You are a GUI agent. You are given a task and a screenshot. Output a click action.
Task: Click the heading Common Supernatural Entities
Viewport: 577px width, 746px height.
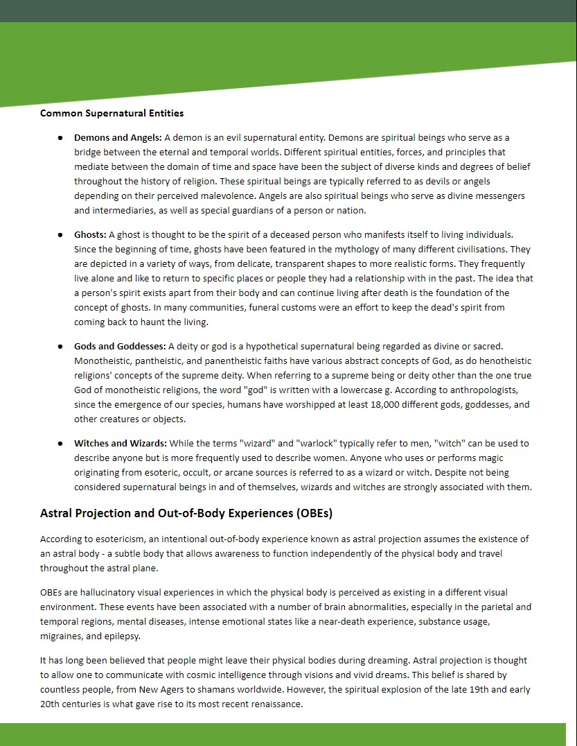[112, 113]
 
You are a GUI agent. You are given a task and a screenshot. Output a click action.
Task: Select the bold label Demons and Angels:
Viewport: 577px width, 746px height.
[118, 137]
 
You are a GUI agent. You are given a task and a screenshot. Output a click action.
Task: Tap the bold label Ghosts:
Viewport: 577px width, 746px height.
[90, 235]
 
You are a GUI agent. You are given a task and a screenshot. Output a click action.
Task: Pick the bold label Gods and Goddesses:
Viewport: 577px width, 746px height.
[120, 346]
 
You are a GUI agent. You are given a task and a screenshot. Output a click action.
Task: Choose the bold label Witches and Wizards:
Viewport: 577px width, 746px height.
[121, 443]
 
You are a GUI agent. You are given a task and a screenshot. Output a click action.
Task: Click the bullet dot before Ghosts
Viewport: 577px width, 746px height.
[61, 235]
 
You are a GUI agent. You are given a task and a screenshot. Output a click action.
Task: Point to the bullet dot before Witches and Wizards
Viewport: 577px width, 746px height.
[61, 443]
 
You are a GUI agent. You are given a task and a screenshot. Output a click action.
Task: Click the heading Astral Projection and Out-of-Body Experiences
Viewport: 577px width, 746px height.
[186, 514]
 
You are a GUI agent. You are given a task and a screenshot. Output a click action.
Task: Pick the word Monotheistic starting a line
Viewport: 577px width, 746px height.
[105, 361]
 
